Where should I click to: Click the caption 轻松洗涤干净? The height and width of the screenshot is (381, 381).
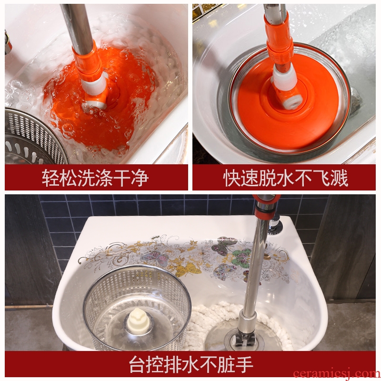pos(95,178)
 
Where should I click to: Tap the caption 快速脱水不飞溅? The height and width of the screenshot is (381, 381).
pos(285,178)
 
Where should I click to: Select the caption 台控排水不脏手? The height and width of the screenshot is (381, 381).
pos(191,364)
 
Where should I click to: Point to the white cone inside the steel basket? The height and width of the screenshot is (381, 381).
pos(139,321)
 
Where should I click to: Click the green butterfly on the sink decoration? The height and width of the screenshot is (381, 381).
pos(241,258)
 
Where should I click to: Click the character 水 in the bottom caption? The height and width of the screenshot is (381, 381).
pos(191,364)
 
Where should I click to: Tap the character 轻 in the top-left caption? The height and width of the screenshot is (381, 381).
pos(50,178)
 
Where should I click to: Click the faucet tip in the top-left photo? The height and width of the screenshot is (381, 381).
pos(8,45)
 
